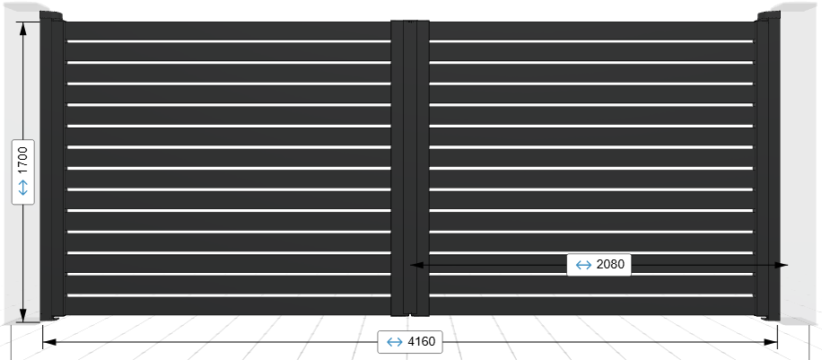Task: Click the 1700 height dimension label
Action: coord(22,162)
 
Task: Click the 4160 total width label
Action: coord(421,342)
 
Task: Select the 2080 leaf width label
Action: coord(610,264)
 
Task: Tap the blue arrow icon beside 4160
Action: coord(394,342)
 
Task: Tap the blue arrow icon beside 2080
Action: coord(583,265)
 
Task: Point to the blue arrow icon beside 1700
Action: coord(23,188)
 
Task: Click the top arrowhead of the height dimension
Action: coord(23,28)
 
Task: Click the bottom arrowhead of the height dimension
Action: coord(23,315)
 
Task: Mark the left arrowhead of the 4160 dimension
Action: coord(48,342)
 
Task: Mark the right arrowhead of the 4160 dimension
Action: coord(771,342)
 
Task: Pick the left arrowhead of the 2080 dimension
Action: coord(416,265)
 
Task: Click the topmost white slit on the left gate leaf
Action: coord(229,41)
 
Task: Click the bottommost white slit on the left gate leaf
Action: coord(229,295)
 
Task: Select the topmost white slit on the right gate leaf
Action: coord(591,41)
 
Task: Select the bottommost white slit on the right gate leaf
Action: coord(591,295)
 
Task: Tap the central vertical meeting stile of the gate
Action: coord(410,168)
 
